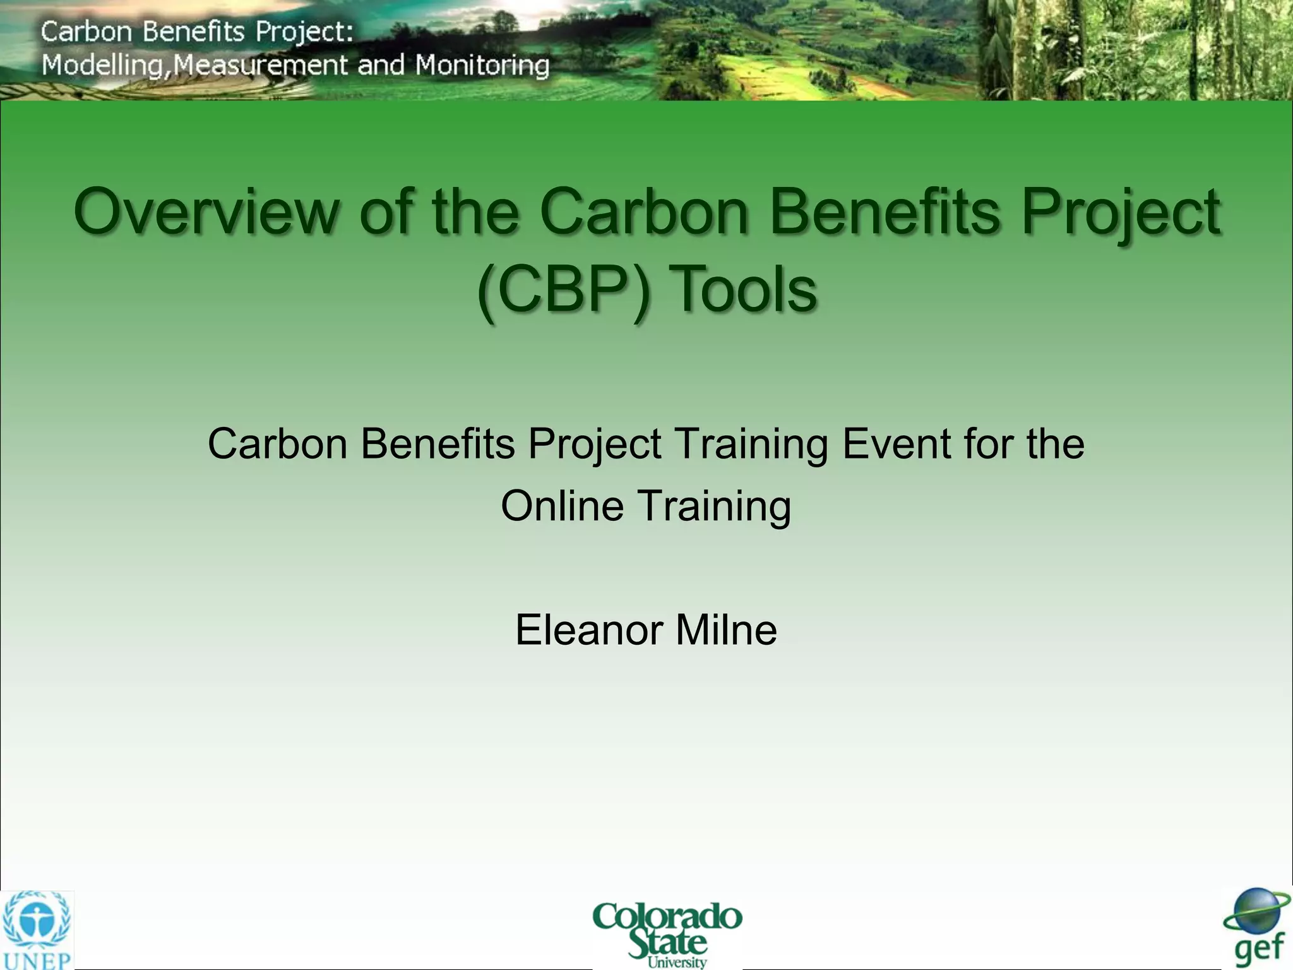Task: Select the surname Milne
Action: coord(726,630)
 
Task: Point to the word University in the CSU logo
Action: coord(677,962)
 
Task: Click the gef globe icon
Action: coord(1256,913)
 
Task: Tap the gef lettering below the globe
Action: coord(1259,950)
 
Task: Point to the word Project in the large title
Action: coord(1121,212)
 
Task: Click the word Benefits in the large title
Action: coord(884,212)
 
